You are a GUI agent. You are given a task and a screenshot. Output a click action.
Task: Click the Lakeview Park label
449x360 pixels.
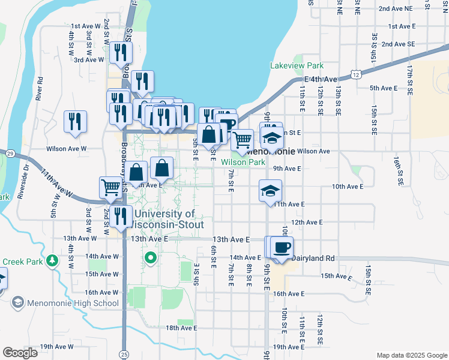tap(297, 66)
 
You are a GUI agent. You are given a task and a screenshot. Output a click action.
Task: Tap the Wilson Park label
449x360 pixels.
tap(243, 162)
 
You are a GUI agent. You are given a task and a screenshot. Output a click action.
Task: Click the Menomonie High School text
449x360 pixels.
tap(73, 302)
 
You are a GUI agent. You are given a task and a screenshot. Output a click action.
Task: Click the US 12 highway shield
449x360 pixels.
tap(356, 74)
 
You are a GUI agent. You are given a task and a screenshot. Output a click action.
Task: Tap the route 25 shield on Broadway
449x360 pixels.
tap(124, 354)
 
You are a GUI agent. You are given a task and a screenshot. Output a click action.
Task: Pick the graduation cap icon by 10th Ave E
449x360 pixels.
tap(270, 191)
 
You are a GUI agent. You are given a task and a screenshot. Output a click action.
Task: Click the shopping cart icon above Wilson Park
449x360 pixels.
tap(242, 140)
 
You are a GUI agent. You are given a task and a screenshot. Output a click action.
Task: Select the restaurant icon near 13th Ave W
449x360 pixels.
tap(121, 217)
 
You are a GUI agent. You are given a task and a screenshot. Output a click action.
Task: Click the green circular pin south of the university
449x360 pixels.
tap(151, 259)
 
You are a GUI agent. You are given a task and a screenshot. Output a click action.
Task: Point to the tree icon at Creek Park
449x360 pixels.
tap(53, 261)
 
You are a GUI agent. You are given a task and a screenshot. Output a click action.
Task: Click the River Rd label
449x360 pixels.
tap(40, 88)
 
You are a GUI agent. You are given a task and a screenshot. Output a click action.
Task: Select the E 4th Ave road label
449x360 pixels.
tap(322, 79)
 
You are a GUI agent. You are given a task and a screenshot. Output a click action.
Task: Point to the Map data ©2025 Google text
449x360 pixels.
tap(411, 355)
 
